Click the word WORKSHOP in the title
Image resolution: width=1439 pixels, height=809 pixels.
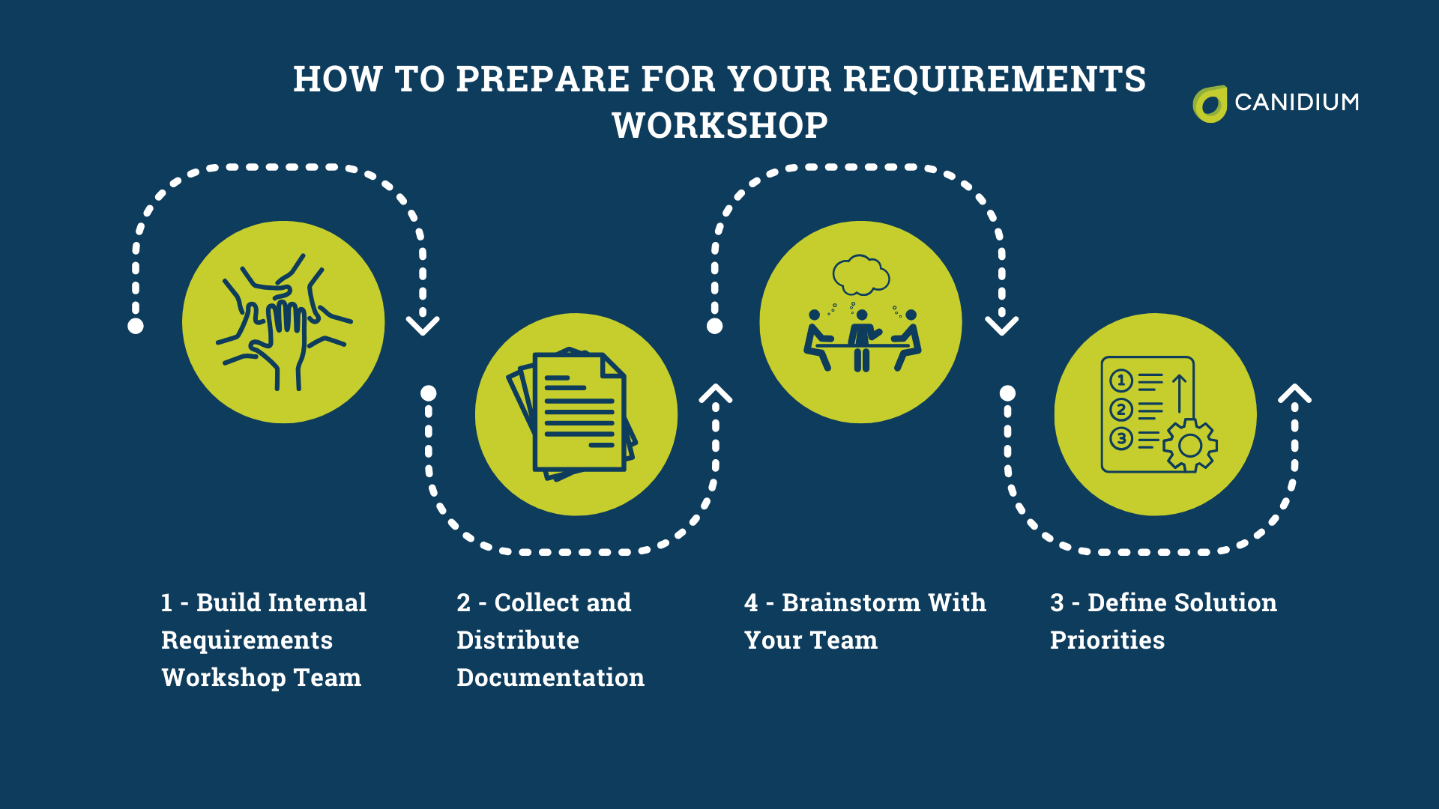[719, 125]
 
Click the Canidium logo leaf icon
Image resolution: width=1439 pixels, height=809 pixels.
[1209, 103]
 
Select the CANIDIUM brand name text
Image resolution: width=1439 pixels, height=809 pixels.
[1297, 103]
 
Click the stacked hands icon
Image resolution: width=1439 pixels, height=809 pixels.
[283, 322]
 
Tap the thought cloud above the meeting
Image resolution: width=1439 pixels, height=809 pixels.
[861, 275]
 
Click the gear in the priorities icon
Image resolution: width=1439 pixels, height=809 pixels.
[1189, 445]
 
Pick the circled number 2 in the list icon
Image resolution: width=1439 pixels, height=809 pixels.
[1121, 410]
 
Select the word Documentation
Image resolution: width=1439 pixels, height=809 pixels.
[550, 678]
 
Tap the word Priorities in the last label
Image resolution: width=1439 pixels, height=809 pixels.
[1107, 640]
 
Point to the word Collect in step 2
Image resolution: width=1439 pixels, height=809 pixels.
[537, 603]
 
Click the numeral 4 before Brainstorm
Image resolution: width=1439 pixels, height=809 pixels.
[751, 603]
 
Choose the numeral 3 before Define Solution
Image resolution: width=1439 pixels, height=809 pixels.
[1057, 603]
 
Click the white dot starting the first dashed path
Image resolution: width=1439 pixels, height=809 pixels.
[136, 326]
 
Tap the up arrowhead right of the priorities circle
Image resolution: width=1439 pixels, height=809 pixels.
[1294, 393]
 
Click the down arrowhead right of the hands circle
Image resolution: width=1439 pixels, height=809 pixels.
[423, 325]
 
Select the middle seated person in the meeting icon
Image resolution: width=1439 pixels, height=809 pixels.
[862, 337]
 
